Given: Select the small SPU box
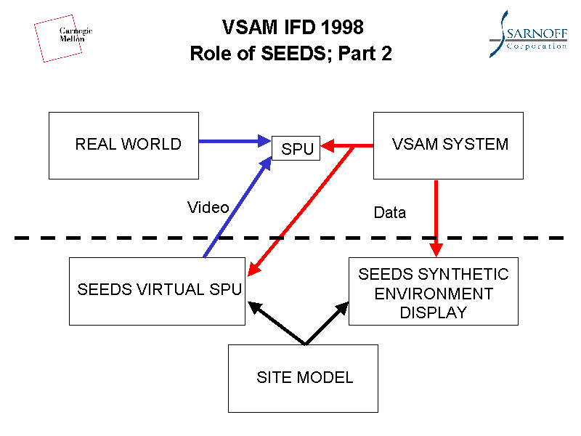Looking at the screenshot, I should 296,148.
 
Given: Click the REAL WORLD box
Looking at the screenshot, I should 123,145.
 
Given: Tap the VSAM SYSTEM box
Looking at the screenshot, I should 448,145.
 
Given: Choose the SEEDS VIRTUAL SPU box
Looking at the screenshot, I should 156,290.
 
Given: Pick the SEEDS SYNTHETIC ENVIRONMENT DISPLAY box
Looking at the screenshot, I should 434,291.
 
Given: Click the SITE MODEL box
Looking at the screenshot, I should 303,378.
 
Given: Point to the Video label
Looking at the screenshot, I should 208,208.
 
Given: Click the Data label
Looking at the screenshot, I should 389,213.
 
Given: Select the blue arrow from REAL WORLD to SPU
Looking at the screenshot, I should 232,141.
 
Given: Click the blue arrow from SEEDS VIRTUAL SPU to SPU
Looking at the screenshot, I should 236,210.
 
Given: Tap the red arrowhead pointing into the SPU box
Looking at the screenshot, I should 328,147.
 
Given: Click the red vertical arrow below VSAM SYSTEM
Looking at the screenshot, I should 436,214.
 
